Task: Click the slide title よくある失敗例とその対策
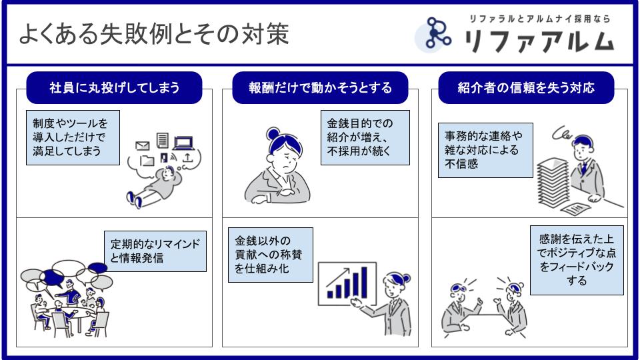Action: pyautogui.click(x=153, y=34)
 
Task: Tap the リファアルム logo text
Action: pyautogui.click(x=539, y=41)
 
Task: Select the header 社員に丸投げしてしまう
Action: pyautogui.click(x=115, y=87)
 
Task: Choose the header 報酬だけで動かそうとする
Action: pyautogui.click(x=320, y=87)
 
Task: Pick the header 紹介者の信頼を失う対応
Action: pyautogui.click(x=526, y=87)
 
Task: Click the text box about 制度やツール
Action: pyautogui.click(x=73, y=137)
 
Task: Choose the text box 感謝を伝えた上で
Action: pyautogui.click(x=577, y=261)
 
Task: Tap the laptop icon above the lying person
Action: pyautogui.click(x=183, y=142)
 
